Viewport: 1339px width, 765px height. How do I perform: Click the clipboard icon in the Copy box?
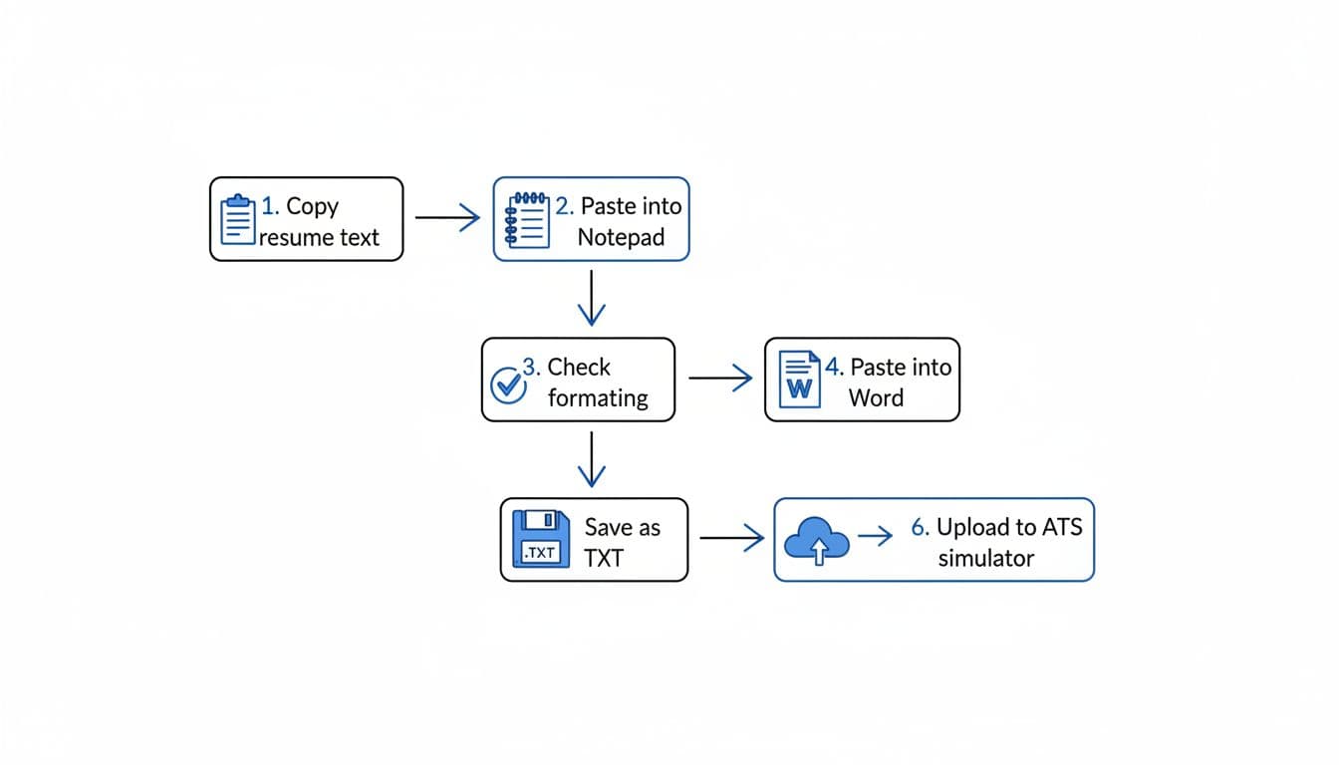237,219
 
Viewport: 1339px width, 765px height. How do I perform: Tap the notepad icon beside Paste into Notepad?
528,219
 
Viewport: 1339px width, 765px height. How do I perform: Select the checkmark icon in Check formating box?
509,383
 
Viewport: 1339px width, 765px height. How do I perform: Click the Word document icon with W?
799,380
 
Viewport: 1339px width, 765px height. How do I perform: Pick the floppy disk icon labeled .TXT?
540,540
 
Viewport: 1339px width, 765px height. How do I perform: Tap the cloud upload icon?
817,541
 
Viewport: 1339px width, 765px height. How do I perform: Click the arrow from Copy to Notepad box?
447,218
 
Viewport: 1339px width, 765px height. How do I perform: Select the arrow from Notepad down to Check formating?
592,298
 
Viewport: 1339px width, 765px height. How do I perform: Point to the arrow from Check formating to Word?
720,379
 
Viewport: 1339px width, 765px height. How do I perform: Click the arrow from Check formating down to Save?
592,458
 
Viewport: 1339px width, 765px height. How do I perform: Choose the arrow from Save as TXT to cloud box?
731,539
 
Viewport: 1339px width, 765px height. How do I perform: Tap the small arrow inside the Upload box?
876,537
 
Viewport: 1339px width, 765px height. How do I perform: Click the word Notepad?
621,239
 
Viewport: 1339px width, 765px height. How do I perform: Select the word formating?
598,398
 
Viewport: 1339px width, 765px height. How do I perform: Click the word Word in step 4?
876,398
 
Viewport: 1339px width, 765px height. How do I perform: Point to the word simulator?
985,558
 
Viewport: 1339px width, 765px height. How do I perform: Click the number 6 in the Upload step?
919,528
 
